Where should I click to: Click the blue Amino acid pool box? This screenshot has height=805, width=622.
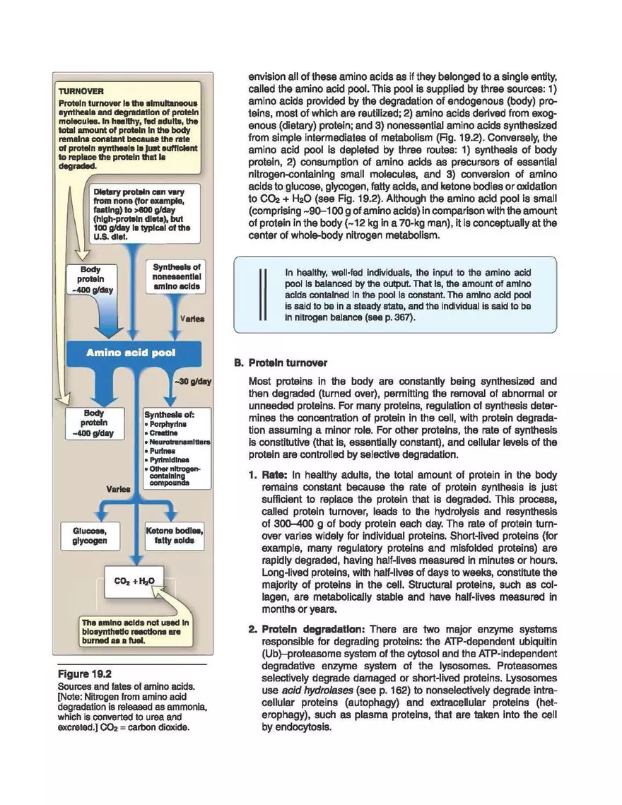tap(130, 352)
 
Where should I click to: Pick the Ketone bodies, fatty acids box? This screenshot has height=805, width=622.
tap(174, 535)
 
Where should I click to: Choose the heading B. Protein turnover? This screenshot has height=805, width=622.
tap(281, 363)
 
